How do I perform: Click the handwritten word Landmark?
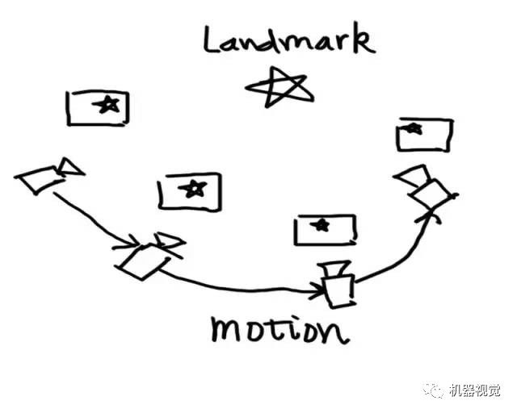[x=288, y=40]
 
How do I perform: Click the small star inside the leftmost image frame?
[x=107, y=103]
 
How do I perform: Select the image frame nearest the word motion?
[x=325, y=229]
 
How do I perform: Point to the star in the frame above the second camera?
[x=192, y=189]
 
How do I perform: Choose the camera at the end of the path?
[x=427, y=187]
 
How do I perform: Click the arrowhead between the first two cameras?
[x=132, y=241]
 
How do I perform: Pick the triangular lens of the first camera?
[x=70, y=167]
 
